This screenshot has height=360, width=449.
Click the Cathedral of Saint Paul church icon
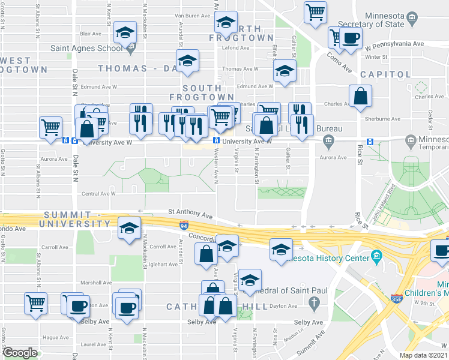click(313, 304)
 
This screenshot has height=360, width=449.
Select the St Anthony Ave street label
click(190, 212)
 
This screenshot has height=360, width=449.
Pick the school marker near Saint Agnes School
click(125, 33)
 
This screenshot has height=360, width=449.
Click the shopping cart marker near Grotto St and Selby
click(35, 303)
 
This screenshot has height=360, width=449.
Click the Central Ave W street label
click(98, 193)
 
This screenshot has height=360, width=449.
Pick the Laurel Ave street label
click(93, 344)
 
